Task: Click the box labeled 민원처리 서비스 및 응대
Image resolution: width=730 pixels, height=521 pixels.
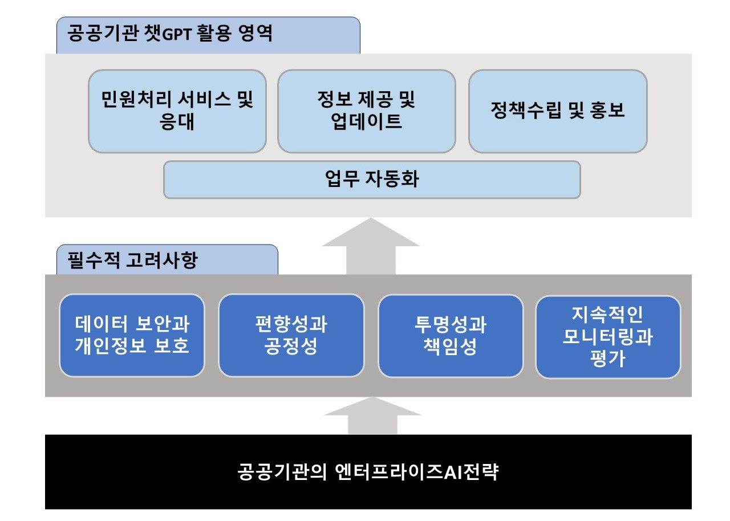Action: [x=177, y=111]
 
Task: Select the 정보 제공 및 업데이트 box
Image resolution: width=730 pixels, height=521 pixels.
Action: [x=366, y=111]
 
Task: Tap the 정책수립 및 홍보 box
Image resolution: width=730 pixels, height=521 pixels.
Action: [x=557, y=111]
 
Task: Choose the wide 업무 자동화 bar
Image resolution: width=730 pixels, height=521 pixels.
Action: [x=371, y=180]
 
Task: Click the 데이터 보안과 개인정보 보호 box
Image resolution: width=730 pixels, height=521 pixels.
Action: [x=132, y=335]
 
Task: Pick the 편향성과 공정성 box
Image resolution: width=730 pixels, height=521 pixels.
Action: [x=291, y=335]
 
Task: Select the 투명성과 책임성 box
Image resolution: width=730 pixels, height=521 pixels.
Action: [x=451, y=335]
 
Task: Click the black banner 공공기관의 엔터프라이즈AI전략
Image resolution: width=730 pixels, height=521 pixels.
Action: [x=368, y=472]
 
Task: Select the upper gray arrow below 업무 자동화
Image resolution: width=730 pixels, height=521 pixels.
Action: [x=371, y=245]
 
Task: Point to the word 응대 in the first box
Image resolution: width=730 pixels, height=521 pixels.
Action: [x=177, y=122]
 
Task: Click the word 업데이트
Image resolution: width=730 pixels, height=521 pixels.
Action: [x=366, y=122]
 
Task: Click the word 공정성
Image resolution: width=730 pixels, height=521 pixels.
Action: [x=291, y=347]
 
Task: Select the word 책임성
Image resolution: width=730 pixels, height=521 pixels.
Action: [x=451, y=347]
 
